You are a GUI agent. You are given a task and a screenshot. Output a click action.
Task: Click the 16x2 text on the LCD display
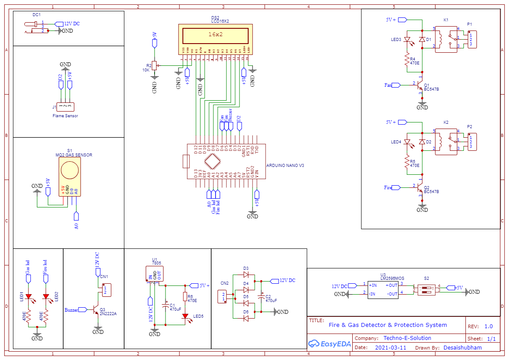[216, 34]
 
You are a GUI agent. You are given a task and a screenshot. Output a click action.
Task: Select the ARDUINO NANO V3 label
[285, 166]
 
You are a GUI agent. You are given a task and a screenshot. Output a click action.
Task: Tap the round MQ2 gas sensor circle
[70, 170]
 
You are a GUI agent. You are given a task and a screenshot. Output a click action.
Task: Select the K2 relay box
[446, 142]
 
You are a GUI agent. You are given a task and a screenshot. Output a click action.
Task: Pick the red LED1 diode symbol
[29, 297]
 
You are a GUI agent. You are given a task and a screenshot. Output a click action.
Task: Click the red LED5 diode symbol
[185, 316]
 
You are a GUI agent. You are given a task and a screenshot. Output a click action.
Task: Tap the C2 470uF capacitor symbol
[261, 296]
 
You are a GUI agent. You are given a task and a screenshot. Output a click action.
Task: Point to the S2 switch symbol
[426, 289]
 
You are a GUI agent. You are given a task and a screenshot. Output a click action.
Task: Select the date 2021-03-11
[390, 348]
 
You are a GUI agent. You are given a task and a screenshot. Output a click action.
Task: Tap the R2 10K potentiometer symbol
[153, 65]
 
